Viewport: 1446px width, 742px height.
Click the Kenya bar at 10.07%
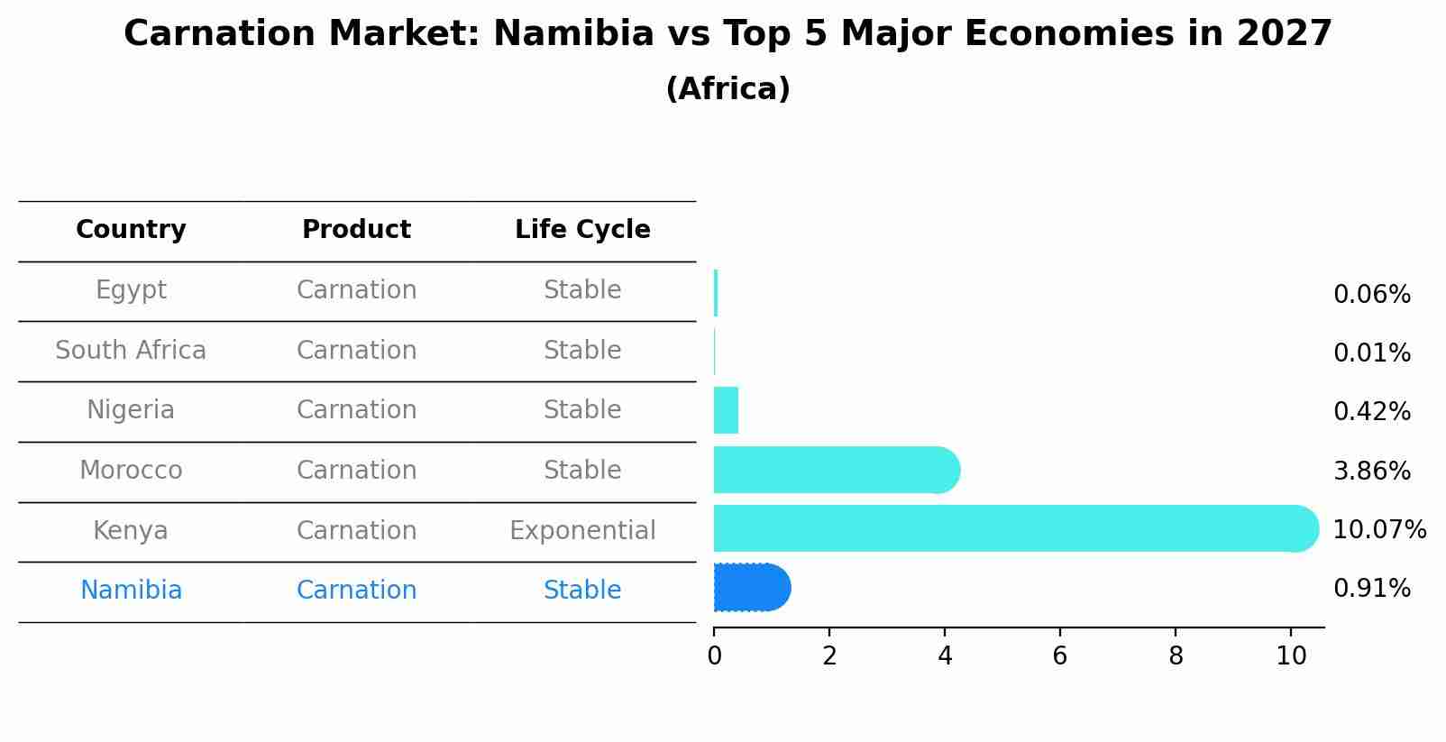(1010, 528)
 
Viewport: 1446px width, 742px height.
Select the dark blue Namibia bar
(751, 588)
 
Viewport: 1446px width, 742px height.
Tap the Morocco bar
(834, 470)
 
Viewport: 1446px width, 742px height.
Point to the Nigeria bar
(726, 410)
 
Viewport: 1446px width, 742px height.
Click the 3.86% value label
(1371, 471)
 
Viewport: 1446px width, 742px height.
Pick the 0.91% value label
(1371, 589)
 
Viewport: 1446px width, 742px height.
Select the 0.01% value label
(1371, 353)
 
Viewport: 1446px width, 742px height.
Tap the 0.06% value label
(1371, 295)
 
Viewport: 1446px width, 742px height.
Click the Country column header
(131, 230)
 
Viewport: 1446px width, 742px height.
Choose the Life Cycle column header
(582, 230)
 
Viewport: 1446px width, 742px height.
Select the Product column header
(356, 230)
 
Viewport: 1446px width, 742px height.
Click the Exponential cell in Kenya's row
(582, 530)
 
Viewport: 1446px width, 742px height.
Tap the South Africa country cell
(131, 350)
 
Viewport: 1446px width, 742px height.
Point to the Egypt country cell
(131, 290)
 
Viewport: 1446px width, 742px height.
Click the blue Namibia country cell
(131, 591)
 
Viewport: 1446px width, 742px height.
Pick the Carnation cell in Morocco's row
(356, 471)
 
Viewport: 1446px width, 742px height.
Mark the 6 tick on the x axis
(1060, 655)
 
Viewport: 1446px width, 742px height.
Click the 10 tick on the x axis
(1291, 655)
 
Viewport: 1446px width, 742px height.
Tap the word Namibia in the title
(573, 34)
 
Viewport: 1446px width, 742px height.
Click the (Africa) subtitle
(728, 89)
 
